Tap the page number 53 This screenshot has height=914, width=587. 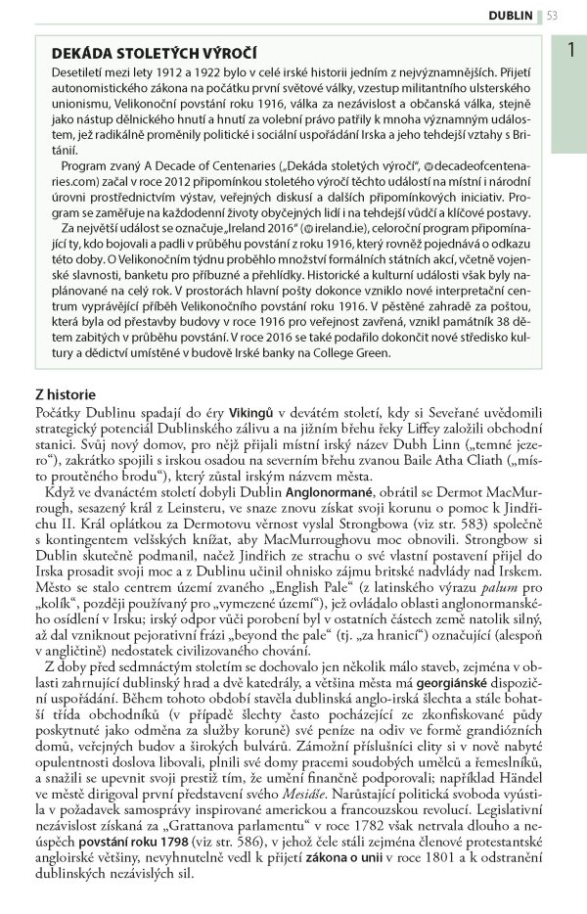click(553, 15)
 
